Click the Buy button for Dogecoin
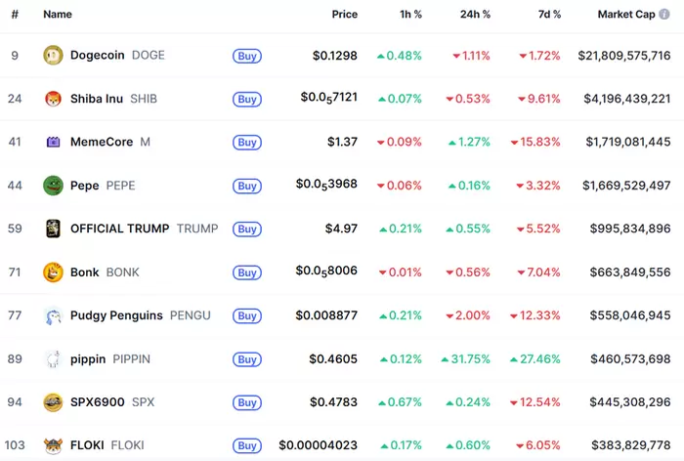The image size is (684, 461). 247,56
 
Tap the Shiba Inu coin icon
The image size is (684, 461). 53,99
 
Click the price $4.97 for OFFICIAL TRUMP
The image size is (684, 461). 342,229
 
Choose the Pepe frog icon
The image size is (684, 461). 53,186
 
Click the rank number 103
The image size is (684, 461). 15,445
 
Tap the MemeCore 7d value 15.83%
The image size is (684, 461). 539,142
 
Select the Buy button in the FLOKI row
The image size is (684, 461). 247,445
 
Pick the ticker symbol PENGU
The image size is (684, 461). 191,315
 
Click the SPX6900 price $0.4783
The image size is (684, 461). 333,401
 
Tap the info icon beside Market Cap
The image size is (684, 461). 665,15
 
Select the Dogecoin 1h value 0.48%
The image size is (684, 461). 400,56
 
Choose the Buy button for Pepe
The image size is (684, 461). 247,186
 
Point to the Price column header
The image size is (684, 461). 344,15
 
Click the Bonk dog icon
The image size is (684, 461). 53,272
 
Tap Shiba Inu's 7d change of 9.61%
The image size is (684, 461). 539,99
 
